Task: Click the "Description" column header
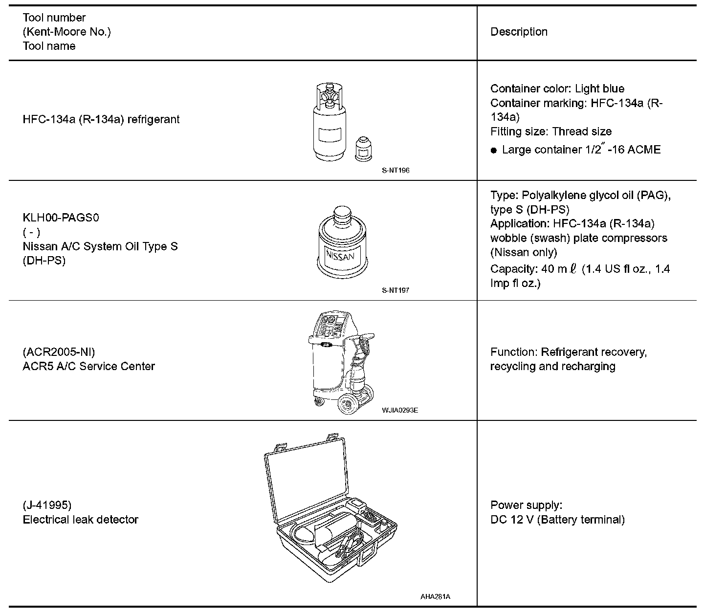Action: tap(519, 32)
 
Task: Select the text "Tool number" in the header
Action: tap(54, 18)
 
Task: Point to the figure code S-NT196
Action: tap(396, 171)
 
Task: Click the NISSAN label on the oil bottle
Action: tap(340, 256)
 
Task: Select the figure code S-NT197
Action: tap(396, 290)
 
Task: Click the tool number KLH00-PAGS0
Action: tap(61, 218)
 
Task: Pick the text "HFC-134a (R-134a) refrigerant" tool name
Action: tap(101, 119)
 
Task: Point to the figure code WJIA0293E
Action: tap(400, 410)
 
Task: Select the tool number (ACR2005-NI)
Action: tap(59, 352)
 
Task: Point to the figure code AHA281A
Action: tap(435, 597)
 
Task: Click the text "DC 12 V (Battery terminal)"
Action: tap(557, 520)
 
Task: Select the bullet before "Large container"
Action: tap(494, 150)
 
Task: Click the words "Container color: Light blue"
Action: tap(557, 88)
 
